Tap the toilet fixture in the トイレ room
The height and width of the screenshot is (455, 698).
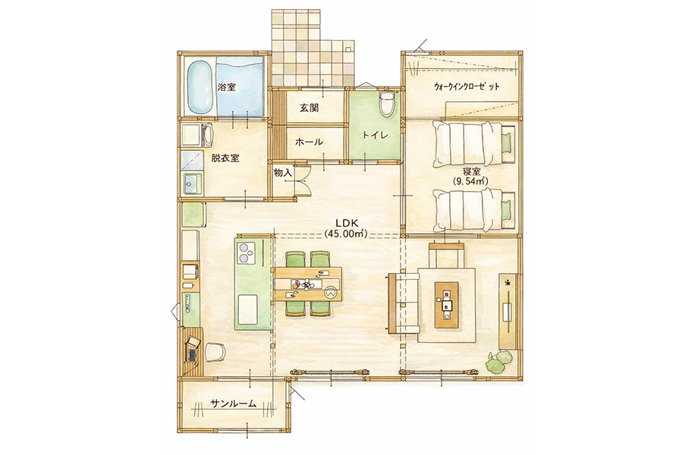click(x=385, y=104)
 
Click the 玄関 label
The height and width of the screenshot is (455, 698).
click(x=309, y=107)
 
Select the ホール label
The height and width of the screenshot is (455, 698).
click(x=309, y=142)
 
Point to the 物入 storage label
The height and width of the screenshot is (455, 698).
click(x=283, y=173)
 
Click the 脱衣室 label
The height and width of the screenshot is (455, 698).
click(x=225, y=158)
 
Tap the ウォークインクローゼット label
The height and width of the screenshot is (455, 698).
click(x=467, y=86)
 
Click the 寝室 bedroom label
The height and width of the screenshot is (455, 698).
click(x=471, y=171)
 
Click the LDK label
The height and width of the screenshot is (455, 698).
click(x=344, y=223)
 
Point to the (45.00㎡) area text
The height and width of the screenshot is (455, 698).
click(x=345, y=234)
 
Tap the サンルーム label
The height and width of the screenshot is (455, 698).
click(x=233, y=403)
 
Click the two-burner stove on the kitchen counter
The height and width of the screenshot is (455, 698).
click(x=246, y=253)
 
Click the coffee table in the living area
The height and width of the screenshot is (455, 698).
click(x=446, y=305)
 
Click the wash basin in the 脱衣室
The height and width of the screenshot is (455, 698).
click(x=193, y=183)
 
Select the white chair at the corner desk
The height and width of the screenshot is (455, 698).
click(x=215, y=351)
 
